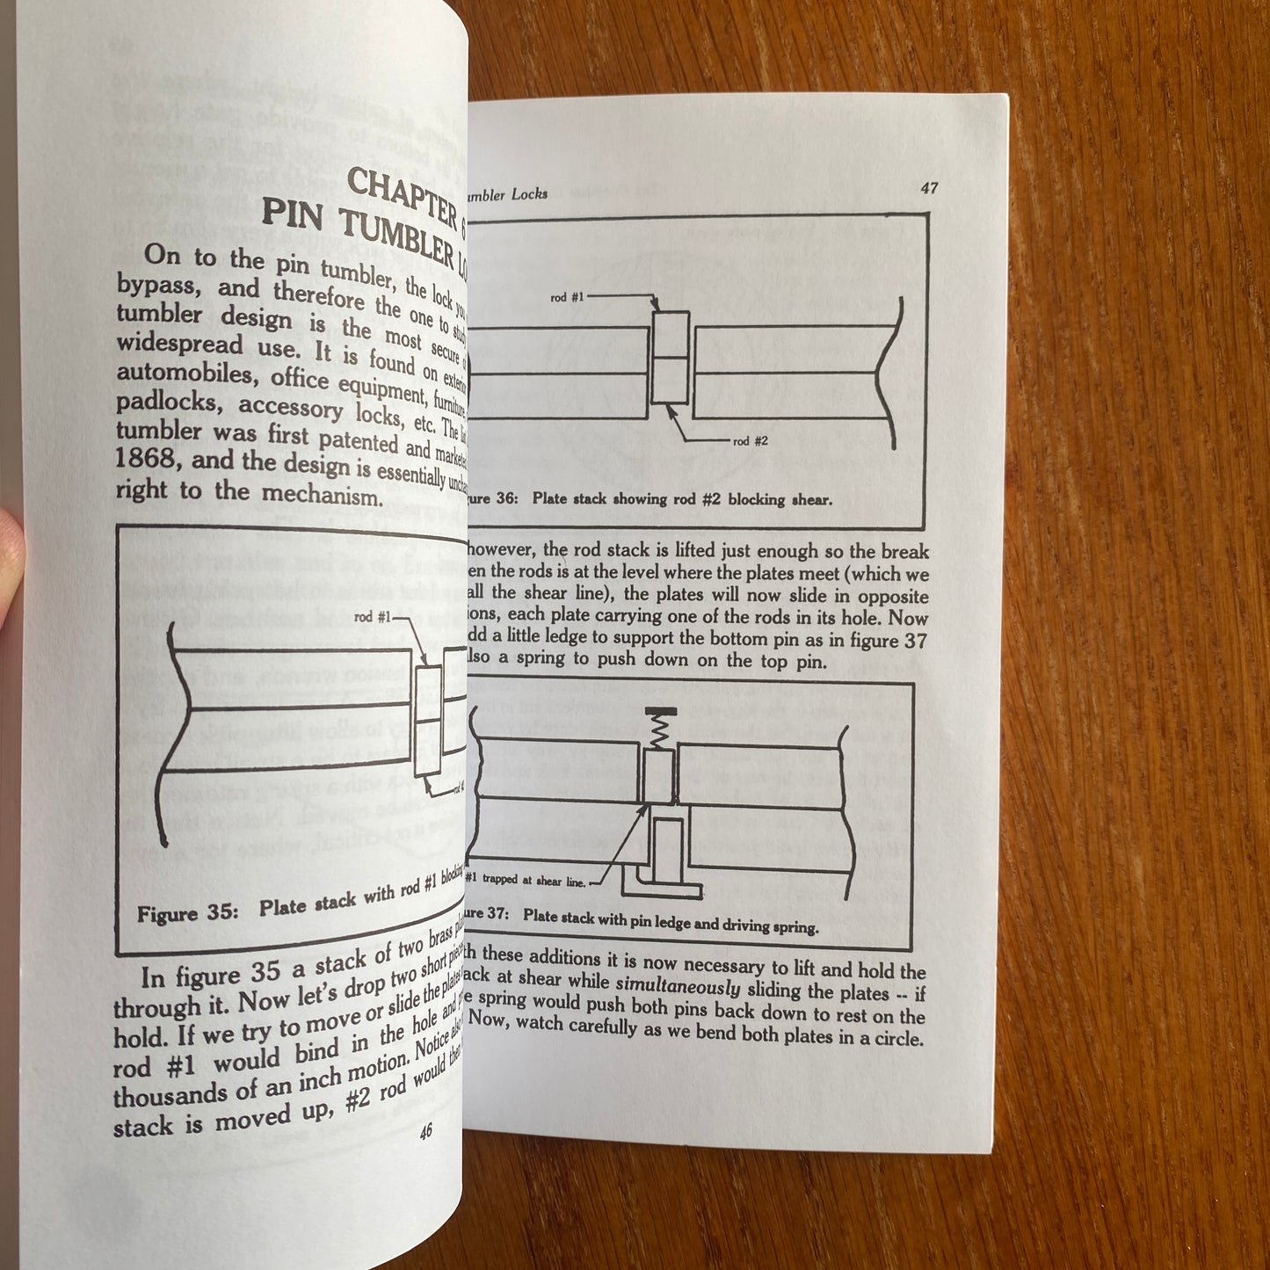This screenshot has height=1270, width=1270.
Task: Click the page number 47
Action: [929, 188]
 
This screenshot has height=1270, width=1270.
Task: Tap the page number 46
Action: [425, 1133]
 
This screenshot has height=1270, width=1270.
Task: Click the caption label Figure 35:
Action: [187, 913]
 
